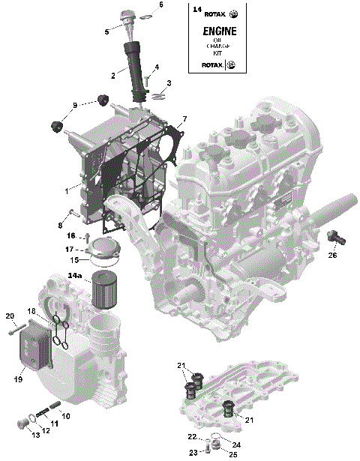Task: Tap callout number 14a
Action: pos(75,276)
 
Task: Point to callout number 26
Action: pos(332,256)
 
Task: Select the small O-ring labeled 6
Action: pos(144,13)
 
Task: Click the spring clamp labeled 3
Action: pos(157,95)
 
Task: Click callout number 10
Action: pos(66,415)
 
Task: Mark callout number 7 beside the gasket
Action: pos(184,119)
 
